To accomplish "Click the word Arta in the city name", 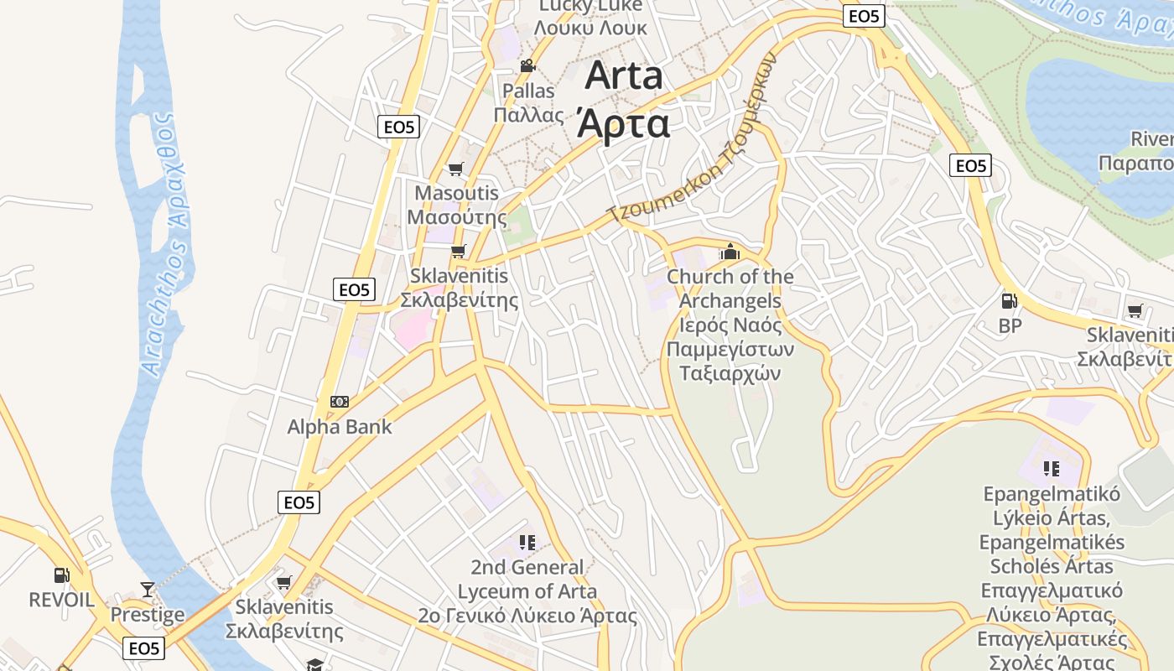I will (x=624, y=76).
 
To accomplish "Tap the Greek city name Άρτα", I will (x=624, y=123).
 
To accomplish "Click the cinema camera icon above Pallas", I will (x=527, y=66).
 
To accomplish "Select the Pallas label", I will (x=528, y=91).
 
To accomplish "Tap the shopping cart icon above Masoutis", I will (x=456, y=169).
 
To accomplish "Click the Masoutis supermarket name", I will (x=457, y=193).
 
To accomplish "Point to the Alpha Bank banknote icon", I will (x=339, y=402).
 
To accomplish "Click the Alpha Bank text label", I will (x=340, y=426).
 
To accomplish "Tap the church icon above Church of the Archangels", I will (x=730, y=252).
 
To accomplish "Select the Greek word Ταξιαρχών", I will (x=730, y=372).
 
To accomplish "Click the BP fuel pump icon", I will (x=1010, y=301).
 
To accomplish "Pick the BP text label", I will (x=1010, y=325).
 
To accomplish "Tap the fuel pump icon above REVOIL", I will (x=62, y=575).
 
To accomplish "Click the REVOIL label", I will (x=62, y=599).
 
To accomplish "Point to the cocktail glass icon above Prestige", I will (x=148, y=590).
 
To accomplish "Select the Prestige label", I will (x=148, y=615).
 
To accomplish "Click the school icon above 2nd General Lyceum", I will (x=527, y=543).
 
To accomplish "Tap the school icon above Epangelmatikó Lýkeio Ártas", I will (x=1052, y=468).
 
